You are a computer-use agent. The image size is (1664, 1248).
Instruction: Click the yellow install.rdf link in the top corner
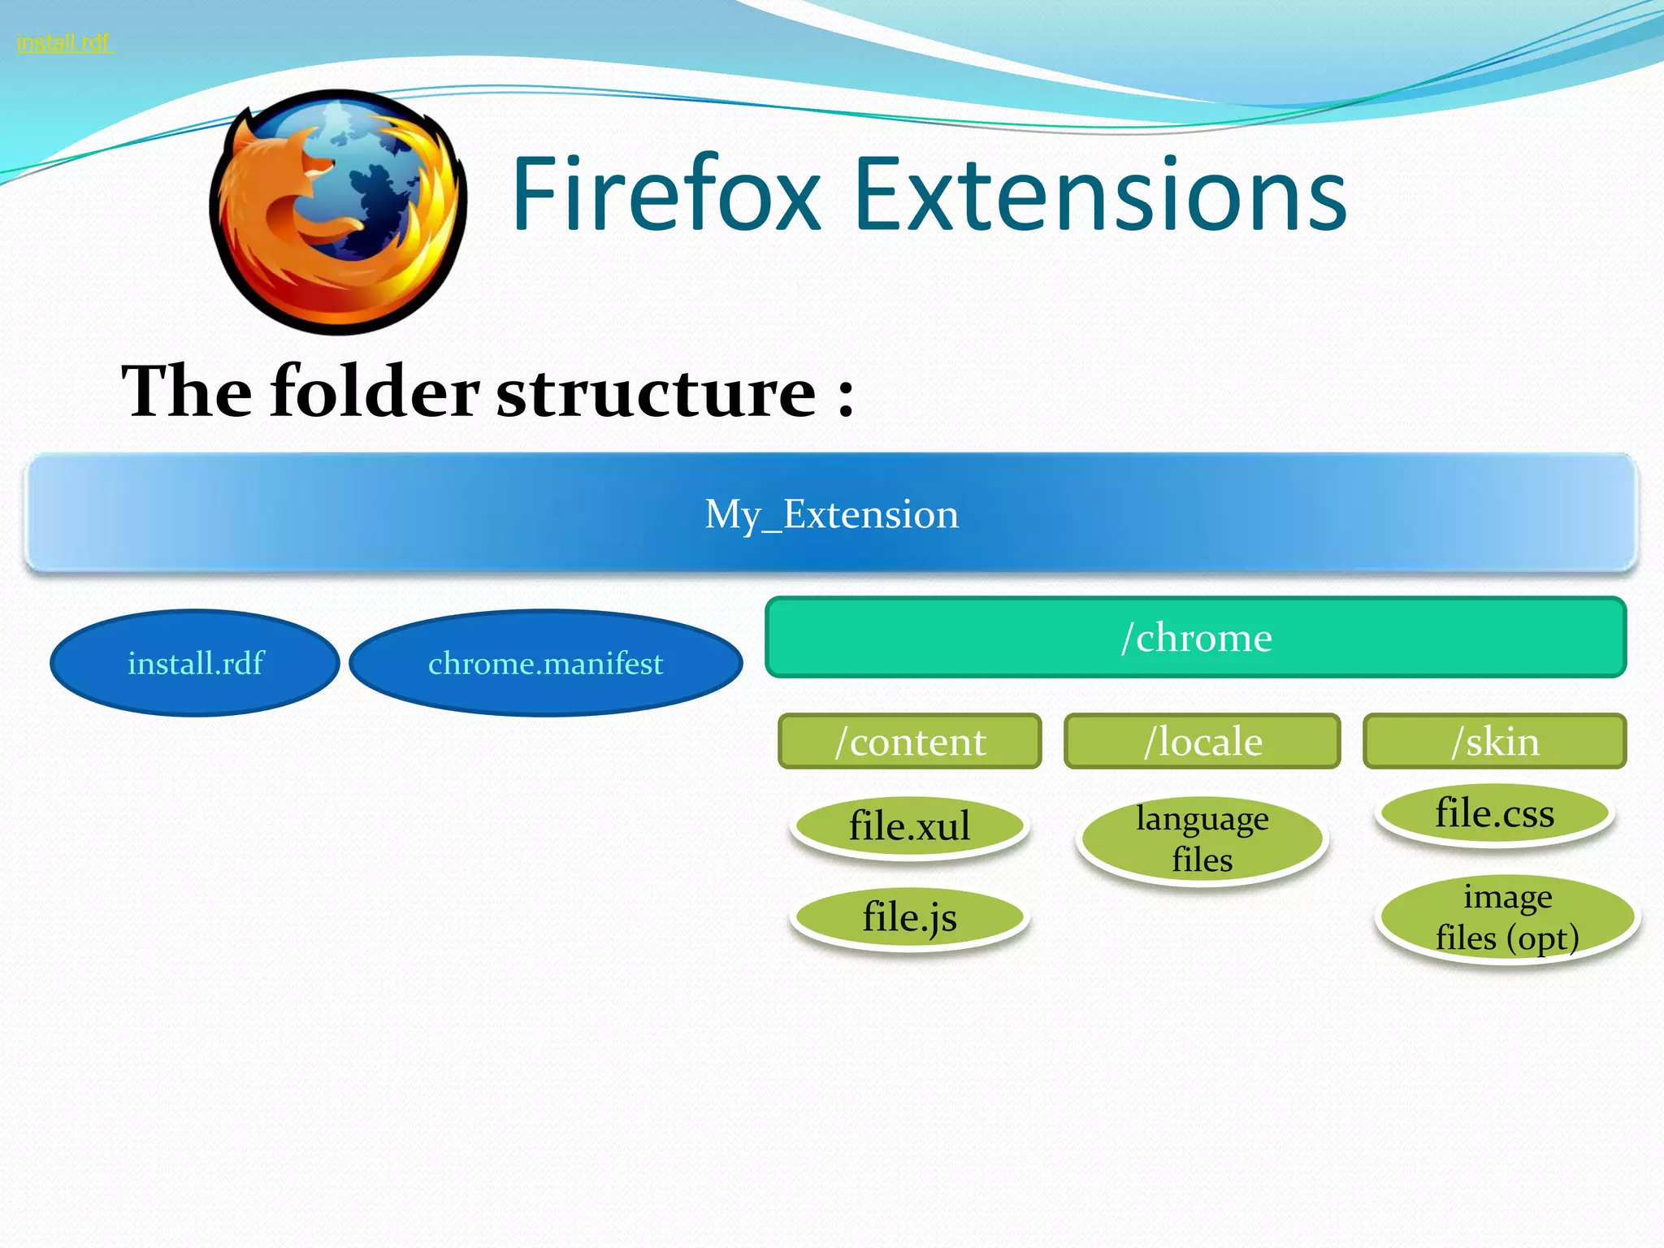(x=63, y=42)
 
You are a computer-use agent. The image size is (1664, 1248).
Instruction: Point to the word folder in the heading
(x=375, y=392)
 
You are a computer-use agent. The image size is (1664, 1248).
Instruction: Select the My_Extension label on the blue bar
(x=831, y=514)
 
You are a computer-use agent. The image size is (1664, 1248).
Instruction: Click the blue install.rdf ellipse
(x=195, y=663)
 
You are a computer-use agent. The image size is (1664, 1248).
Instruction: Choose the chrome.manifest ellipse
(x=546, y=663)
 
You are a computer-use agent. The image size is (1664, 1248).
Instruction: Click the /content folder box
(x=910, y=741)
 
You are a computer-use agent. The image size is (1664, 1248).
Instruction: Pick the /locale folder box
(x=1202, y=741)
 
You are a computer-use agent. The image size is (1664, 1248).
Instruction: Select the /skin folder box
(x=1495, y=741)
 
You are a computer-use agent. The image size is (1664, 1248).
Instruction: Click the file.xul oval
(x=909, y=826)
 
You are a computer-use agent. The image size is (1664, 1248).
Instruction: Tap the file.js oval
(x=909, y=917)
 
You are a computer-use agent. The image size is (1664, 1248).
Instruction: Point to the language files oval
(x=1202, y=839)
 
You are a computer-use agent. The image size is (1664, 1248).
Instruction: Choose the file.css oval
(x=1494, y=813)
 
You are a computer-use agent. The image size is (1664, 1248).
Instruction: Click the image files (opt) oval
(x=1507, y=917)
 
